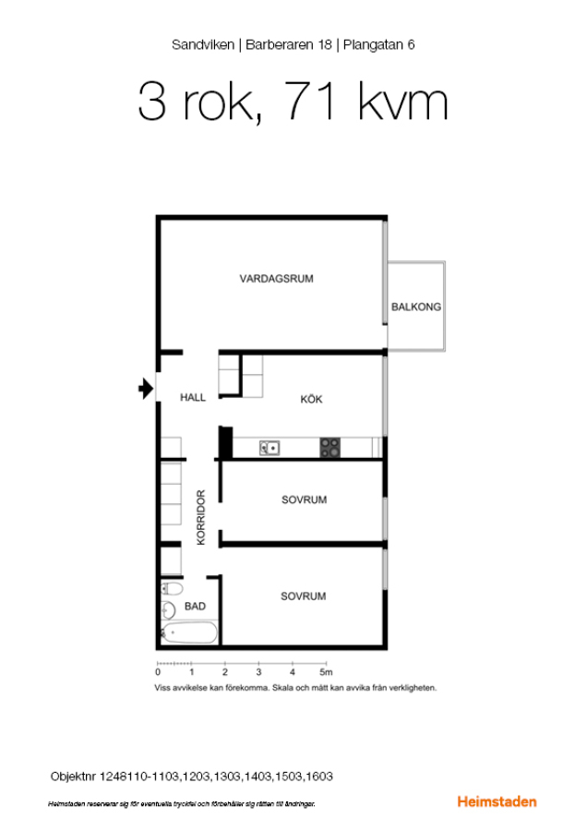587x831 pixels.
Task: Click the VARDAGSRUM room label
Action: (276, 279)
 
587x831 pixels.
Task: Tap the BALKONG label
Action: (416, 307)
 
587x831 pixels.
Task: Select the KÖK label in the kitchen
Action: (311, 399)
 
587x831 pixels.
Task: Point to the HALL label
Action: (193, 397)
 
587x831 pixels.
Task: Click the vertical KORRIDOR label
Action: (201, 517)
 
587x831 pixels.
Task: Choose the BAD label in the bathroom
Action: (195, 607)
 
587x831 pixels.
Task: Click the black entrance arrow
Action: (146, 389)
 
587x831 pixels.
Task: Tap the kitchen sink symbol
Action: (270, 449)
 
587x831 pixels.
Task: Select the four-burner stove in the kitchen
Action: (329, 447)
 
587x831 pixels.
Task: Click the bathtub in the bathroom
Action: (189, 632)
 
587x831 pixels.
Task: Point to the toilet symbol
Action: (172, 588)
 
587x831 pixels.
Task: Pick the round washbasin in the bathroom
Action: (169, 610)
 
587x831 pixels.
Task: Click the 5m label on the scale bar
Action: (326, 672)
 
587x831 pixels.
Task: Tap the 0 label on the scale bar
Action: (158, 672)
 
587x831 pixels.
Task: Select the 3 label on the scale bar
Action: (258, 672)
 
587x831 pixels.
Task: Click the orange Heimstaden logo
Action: (497, 801)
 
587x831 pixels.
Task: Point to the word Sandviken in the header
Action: (203, 44)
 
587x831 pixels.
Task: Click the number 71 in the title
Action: (310, 101)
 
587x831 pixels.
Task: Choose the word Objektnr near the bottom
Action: (73, 777)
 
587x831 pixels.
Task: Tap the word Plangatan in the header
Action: (373, 45)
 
